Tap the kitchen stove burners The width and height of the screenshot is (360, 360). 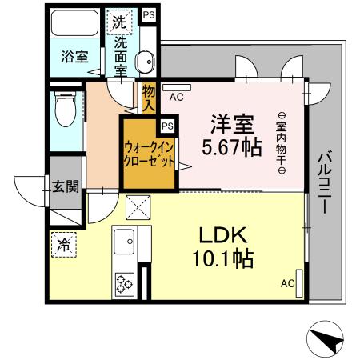coord(125,282)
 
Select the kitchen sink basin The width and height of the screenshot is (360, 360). coord(125,240)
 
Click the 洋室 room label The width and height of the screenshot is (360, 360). coord(232,125)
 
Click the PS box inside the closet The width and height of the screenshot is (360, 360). coord(166,126)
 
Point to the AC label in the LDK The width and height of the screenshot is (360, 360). coord(287,284)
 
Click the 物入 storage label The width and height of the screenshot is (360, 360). coord(148,97)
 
